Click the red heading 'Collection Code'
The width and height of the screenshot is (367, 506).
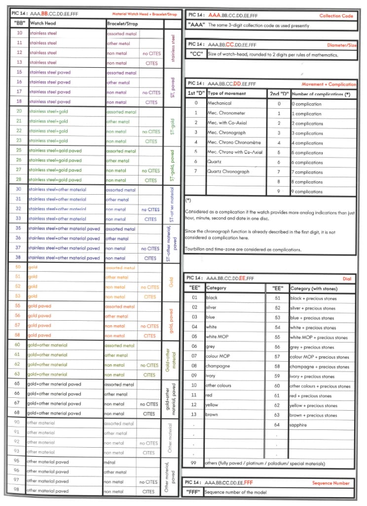point(336,16)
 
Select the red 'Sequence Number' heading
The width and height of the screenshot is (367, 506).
point(331,483)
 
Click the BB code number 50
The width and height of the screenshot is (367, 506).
point(19,267)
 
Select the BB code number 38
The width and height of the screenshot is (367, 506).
point(19,258)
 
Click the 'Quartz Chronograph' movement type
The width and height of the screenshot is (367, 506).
point(228,171)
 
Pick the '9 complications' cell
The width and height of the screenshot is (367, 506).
point(308,191)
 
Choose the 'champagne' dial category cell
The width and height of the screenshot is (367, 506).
point(218,366)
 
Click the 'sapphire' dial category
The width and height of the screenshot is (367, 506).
point(299,425)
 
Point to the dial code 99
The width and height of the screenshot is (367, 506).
point(194,464)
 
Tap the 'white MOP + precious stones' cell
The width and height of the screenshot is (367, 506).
point(319,337)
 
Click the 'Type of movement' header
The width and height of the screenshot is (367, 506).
point(226,93)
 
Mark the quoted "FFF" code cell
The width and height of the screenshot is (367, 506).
point(194,492)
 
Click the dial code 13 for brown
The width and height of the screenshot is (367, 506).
point(194,415)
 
